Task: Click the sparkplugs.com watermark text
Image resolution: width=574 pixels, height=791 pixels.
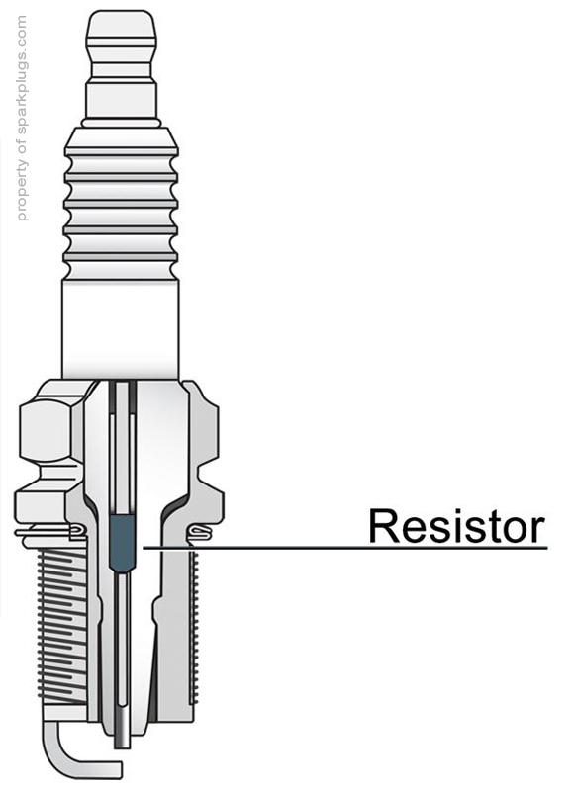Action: tap(23, 119)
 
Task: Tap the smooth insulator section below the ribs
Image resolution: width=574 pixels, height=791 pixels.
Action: tap(121, 326)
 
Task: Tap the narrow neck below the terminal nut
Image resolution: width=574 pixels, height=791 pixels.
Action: tap(121, 99)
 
